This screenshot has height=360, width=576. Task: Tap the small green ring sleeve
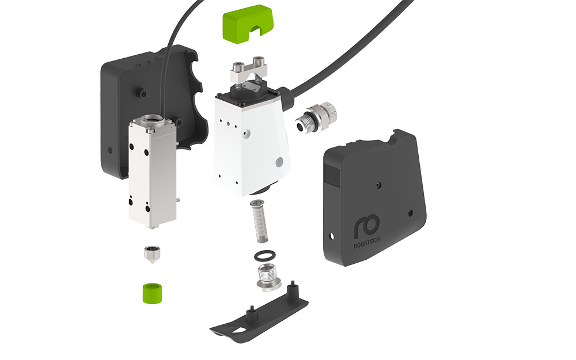[x=152, y=293]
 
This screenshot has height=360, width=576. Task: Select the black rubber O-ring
[x=264, y=255]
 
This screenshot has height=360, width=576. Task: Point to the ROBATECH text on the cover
[x=366, y=243]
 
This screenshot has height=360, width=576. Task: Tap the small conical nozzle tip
[x=151, y=254]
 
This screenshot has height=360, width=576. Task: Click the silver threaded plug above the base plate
[x=268, y=277]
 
